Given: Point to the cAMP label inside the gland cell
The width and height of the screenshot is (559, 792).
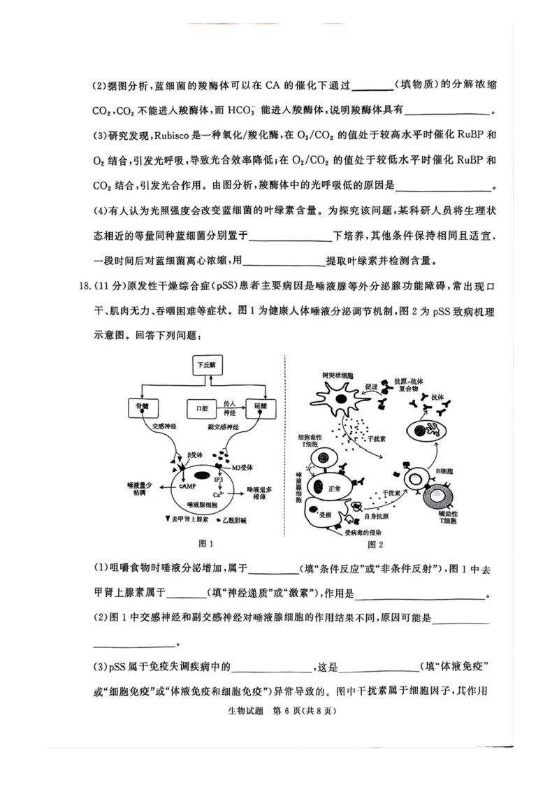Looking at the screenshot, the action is [x=187, y=484].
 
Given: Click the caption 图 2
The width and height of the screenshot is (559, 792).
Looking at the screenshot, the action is [x=376, y=544].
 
